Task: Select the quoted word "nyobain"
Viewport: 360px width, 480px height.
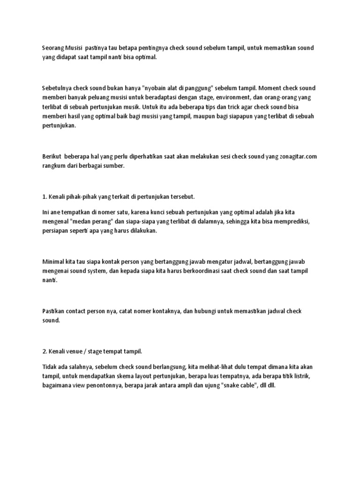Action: pos(156,88)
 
